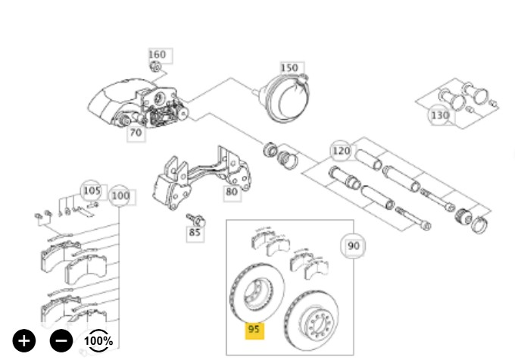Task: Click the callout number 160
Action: pos(158,55)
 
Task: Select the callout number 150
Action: pos(289,68)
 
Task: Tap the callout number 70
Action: pos(136,133)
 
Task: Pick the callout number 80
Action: pos(232,192)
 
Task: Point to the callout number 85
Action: pos(195,233)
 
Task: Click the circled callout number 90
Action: pos(354,246)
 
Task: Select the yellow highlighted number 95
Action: pos(254,329)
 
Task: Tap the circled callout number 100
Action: pos(120,196)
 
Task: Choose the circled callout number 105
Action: pos(92,191)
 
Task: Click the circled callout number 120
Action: pos(342,151)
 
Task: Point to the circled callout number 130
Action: pos(440,115)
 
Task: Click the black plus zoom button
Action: pos(24,340)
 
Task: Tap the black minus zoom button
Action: pos(61,340)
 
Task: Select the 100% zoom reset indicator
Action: pos(98,340)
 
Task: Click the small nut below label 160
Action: pos(155,67)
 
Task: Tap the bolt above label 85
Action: pos(195,220)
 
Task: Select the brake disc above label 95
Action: pos(257,292)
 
